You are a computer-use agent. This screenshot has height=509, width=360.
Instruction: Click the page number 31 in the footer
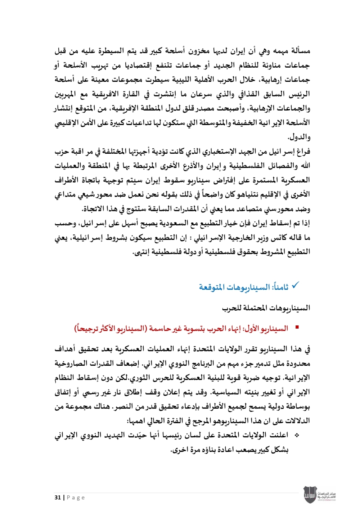pos(58,497)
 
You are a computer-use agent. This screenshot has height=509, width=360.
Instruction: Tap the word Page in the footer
pos(76,497)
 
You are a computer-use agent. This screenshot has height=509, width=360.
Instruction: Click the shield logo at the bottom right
pos(310,495)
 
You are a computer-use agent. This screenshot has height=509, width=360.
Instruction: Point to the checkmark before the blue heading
pos(295,286)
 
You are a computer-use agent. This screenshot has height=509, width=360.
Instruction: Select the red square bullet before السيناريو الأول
pos(297,328)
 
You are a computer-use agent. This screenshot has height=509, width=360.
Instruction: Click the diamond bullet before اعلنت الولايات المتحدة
pos(297,435)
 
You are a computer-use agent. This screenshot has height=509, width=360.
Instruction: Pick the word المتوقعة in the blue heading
pos(213,287)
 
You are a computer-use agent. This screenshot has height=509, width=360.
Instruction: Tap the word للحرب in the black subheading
pos(231,308)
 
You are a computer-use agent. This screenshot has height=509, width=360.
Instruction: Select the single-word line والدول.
pos(299,137)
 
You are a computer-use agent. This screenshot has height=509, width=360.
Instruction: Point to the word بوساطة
pos(298,406)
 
